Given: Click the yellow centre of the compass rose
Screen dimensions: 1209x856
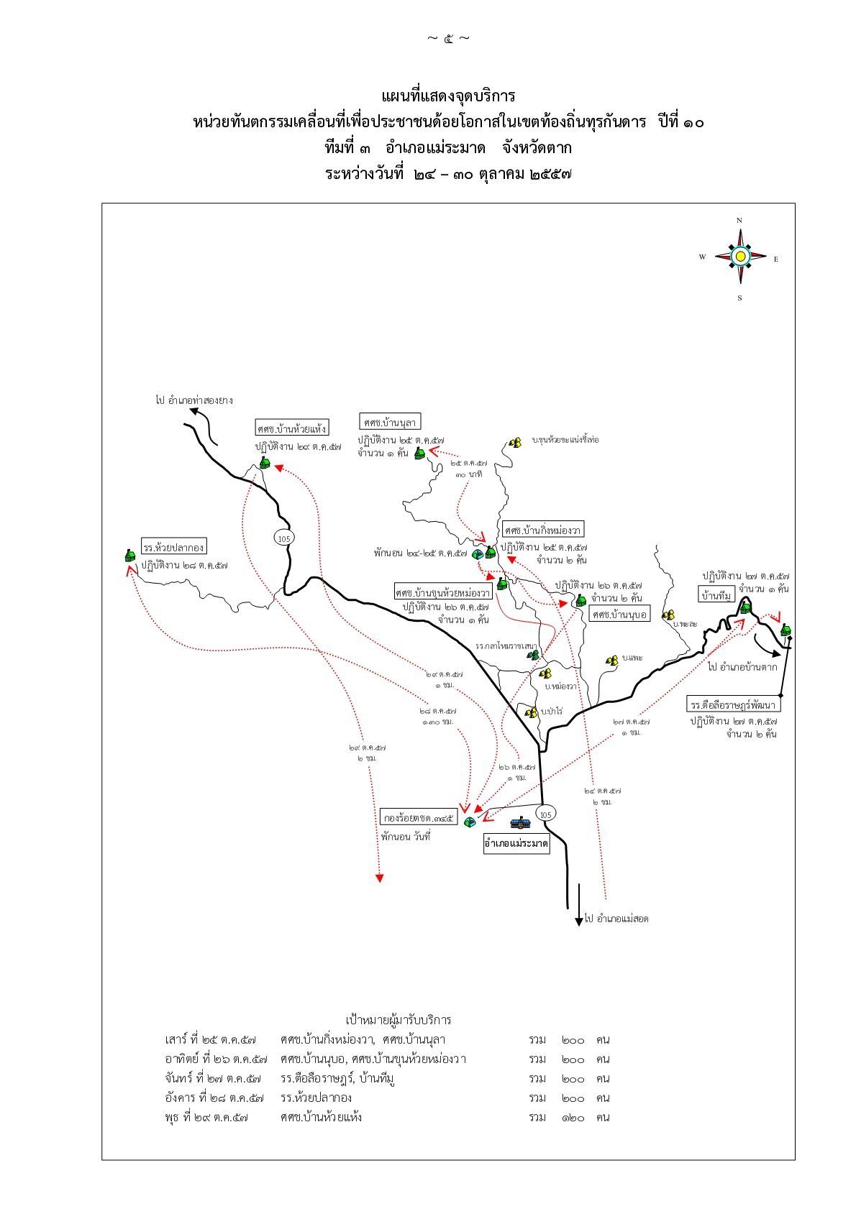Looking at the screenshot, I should pyautogui.click(x=739, y=255).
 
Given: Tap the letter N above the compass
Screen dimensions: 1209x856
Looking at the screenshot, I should pyautogui.click(x=739, y=220).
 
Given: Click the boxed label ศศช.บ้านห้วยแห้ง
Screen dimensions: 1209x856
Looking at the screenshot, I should pyautogui.click(x=292, y=428).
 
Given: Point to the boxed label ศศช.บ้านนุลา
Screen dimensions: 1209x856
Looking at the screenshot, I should pyautogui.click(x=391, y=421).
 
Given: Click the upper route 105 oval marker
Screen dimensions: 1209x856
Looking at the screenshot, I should pyautogui.click(x=283, y=538).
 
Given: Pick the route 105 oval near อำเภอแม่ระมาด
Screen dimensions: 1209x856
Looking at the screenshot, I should pyautogui.click(x=545, y=814).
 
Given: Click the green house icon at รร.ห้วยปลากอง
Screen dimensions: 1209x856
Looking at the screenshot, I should pyautogui.click(x=129, y=556).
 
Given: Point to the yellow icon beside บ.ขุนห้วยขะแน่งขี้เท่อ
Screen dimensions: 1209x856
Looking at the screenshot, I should pyautogui.click(x=515, y=443).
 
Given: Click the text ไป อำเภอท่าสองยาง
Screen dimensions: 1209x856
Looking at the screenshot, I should pyautogui.click(x=193, y=400).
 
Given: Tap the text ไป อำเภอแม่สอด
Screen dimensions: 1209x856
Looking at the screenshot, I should pyautogui.click(x=616, y=918).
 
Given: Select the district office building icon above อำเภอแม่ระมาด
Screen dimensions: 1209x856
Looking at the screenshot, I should pyautogui.click(x=519, y=824).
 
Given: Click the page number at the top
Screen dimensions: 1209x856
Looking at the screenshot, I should pyautogui.click(x=448, y=38).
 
